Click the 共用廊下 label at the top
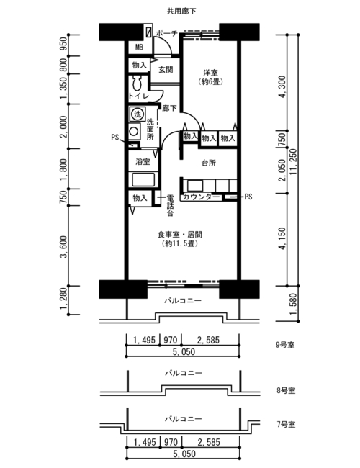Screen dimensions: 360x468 pos(181,11)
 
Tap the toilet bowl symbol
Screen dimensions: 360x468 pos(138,83)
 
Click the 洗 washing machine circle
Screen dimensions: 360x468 pos(138,114)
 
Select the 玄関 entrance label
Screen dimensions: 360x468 pos(166,70)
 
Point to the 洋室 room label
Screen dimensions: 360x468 pos(210,73)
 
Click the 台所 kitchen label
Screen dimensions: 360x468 pos(209,163)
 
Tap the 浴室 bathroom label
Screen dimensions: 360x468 pos(143,162)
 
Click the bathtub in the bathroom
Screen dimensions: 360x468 pos(143,179)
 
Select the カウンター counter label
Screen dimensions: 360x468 pos(201,197)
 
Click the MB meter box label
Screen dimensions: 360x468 pos(139,47)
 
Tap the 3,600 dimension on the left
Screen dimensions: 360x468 pos(63,247)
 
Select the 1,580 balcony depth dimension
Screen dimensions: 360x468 pos(294,304)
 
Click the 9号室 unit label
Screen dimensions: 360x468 pos(285,346)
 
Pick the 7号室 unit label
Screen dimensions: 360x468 pos(286,424)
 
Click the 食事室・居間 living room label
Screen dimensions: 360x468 pos(180,235)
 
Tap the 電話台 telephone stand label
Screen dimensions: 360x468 pos(170,205)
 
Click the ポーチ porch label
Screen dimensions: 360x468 pos(167,33)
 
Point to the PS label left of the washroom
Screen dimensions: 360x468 pos(115,138)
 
